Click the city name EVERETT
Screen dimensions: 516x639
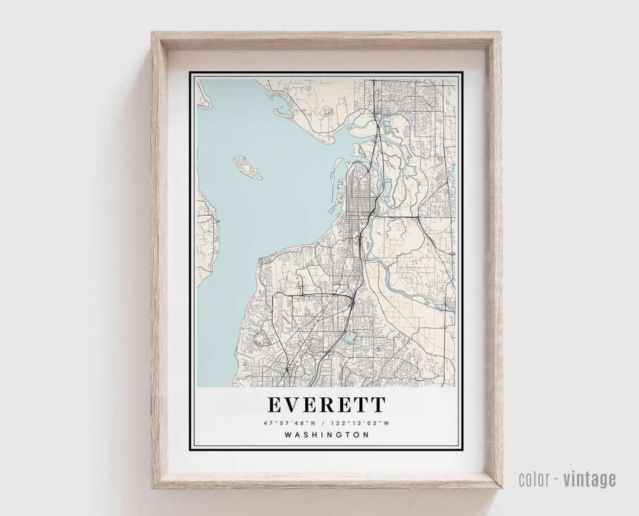327,405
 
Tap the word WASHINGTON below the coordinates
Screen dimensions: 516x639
327,435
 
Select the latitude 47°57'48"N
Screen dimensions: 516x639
291,423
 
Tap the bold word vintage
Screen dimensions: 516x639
589,479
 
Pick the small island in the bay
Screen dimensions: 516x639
248,168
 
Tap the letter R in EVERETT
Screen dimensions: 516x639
327,405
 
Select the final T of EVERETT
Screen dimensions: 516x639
378,405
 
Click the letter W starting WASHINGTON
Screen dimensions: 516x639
288,435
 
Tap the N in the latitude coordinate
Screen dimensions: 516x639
313,423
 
